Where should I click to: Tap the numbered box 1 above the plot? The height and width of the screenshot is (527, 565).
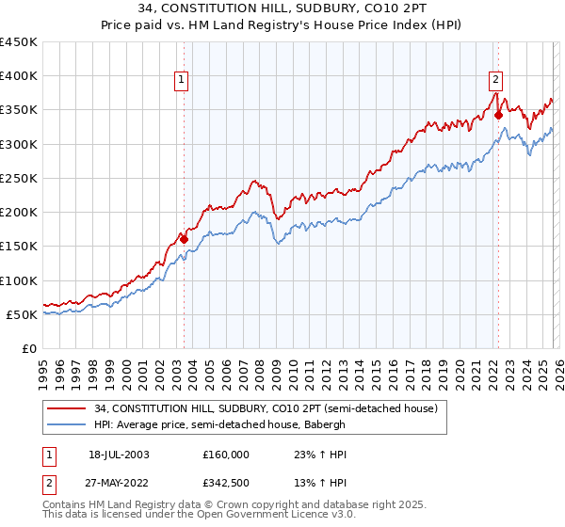(179, 81)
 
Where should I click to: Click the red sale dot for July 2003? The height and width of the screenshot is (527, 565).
(185, 239)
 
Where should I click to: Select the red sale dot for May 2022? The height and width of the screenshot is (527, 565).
(498, 116)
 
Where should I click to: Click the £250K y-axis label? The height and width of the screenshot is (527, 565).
(19, 178)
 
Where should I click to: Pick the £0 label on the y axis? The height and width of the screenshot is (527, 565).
(30, 348)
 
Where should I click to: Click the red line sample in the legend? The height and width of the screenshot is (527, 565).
(66, 409)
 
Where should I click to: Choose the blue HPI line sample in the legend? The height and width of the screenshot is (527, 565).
(66, 424)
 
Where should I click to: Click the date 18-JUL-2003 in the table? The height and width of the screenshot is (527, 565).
(120, 454)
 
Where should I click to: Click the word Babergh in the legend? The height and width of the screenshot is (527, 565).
(325, 424)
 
